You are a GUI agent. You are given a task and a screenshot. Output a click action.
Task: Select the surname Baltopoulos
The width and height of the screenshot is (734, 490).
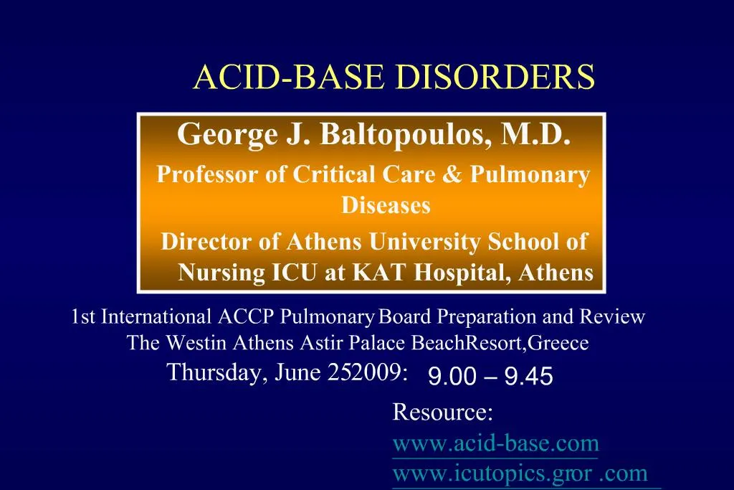[401, 134]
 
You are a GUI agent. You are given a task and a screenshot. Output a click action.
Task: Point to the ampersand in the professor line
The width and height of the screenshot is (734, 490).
[452, 174]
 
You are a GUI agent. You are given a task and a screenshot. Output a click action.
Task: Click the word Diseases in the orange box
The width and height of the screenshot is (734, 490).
[386, 206]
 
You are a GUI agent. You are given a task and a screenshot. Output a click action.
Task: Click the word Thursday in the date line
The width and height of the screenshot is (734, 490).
[213, 372]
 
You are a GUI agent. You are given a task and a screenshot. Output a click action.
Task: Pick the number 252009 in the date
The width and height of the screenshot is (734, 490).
[369, 372]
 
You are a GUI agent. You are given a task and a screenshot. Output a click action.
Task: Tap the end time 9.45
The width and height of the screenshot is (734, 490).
[528, 376]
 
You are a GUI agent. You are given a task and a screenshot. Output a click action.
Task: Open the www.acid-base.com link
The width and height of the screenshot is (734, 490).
[495, 443]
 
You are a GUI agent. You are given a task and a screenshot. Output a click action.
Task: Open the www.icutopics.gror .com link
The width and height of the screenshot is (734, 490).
[520, 473]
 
